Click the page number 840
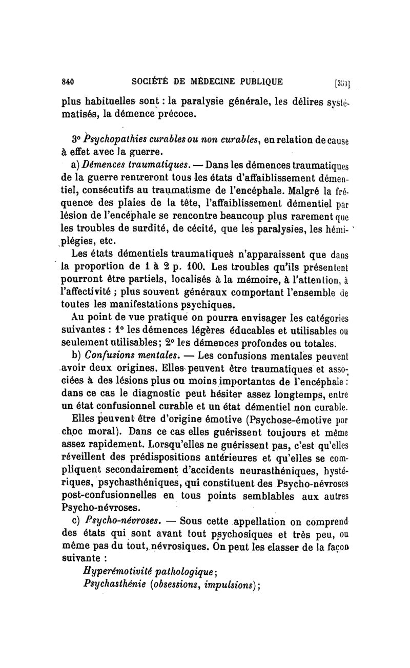(68, 80)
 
